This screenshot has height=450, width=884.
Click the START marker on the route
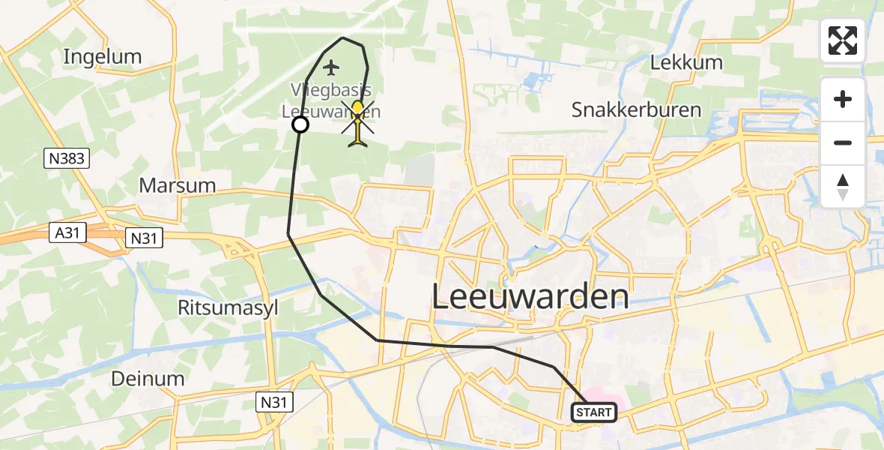tap(594, 412)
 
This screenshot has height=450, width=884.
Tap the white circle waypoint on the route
tap(300, 124)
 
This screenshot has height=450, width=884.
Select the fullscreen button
tap(843, 40)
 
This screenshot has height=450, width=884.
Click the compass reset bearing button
tap(843, 187)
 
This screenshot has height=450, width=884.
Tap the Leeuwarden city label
tap(530, 298)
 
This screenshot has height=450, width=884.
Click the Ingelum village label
tap(103, 56)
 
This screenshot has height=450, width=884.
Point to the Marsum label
tap(178, 185)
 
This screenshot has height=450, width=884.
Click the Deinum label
tap(148, 378)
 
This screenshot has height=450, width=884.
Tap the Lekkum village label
tap(686, 62)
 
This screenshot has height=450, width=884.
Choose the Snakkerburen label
tap(636, 109)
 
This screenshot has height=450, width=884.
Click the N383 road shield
tap(67, 158)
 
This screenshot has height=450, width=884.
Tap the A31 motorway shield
tap(67, 233)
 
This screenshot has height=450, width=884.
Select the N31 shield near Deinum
tap(274, 403)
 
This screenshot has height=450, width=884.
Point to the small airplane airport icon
tap(330, 68)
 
